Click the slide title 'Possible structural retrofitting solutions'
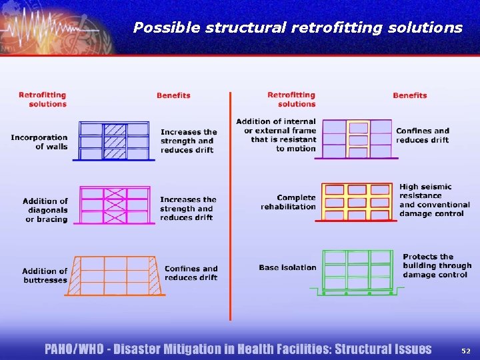[297, 27]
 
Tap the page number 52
[465, 349]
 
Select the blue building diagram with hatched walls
[115, 141]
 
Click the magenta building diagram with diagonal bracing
[115, 206]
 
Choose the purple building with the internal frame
[358, 139]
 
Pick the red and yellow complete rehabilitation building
[358, 201]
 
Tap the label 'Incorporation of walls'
[39, 142]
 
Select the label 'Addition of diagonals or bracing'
[45, 210]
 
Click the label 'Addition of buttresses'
[45, 275]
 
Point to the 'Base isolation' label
[287, 267]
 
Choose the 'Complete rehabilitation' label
[288, 202]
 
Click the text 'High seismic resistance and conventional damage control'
[431, 200]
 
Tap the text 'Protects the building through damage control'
[437, 265]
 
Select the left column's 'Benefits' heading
[173, 95]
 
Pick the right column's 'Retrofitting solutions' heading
[291, 99]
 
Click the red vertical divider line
[229, 207]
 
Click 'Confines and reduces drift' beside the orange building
[191, 273]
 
